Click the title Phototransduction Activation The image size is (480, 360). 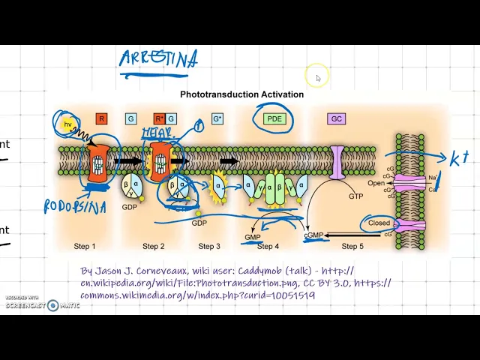coord(241,94)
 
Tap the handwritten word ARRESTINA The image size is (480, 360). coord(159,59)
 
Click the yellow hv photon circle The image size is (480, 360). coord(67,123)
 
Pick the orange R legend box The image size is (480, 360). coord(102,118)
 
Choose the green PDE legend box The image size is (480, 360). coord(274,118)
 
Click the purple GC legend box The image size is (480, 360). coord(337,118)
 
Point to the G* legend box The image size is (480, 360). coord(217,118)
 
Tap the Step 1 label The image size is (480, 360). coord(85,246)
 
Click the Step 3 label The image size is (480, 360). coord(209,246)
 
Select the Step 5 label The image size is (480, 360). coord(352,246)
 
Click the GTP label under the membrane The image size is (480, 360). coord(356,196)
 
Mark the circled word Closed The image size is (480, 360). coord(379,223)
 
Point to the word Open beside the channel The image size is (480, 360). coord(376,183)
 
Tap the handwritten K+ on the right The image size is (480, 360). coord(458,159)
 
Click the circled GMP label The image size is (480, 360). coord(253,237)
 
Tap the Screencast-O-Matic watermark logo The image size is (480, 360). coord(52,305)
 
